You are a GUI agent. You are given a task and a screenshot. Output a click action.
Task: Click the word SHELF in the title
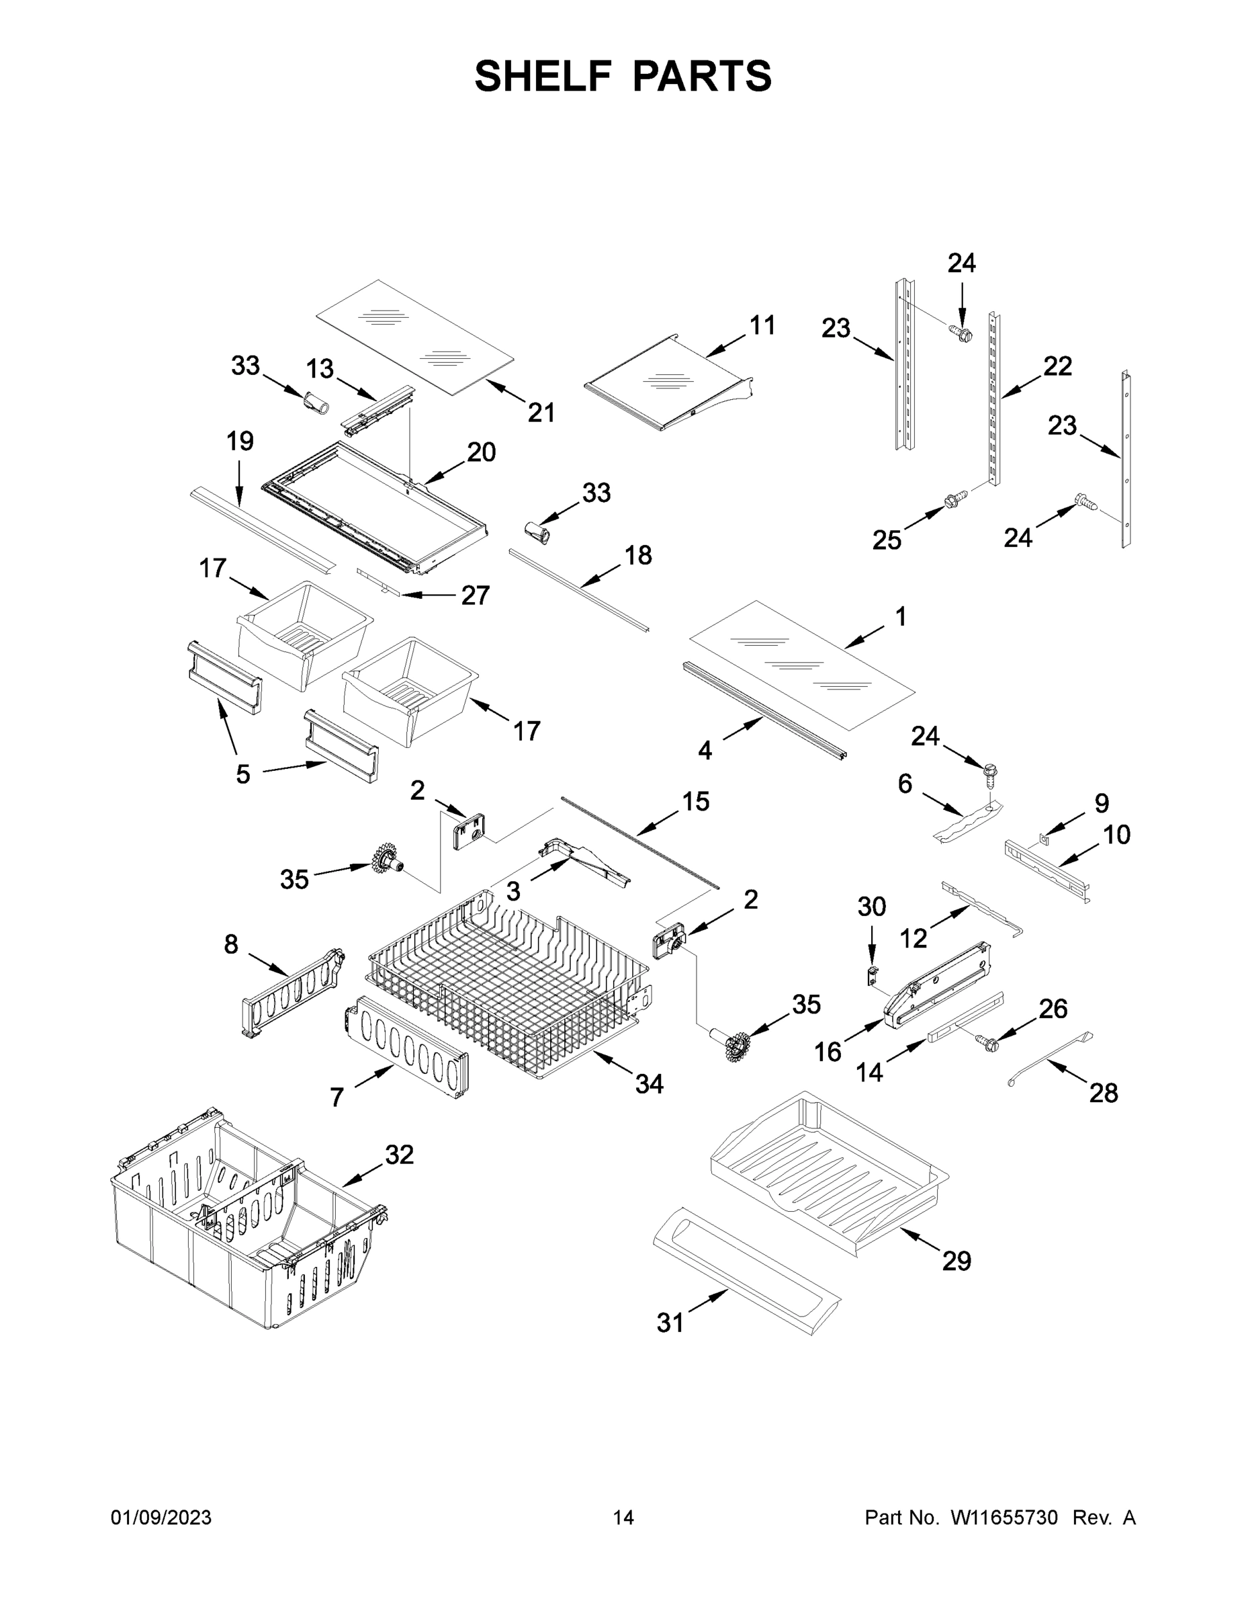pyautogui.click(x=543, y=76)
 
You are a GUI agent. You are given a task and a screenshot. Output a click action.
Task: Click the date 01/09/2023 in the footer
pyautogui.click(x=161, y=1517)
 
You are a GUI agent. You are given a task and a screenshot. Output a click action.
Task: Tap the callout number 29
pyautogui.click(x=956, y=1260)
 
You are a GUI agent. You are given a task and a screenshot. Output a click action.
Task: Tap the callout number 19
pyautogui.click(x=240, y=441)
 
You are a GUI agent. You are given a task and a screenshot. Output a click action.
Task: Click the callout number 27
pyautogui.click(x=476, y=595)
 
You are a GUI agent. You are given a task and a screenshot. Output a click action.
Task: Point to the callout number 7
pyautogui.click(x=337, y=1098)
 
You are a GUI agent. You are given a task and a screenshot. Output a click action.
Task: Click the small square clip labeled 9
pyautogui.click(x=1044, y=837)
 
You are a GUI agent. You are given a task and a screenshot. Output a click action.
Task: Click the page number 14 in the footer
pyautogui.click(x=623, y=1517)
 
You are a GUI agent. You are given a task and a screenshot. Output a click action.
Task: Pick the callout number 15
pyautogui.click(x=695, y=800)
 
